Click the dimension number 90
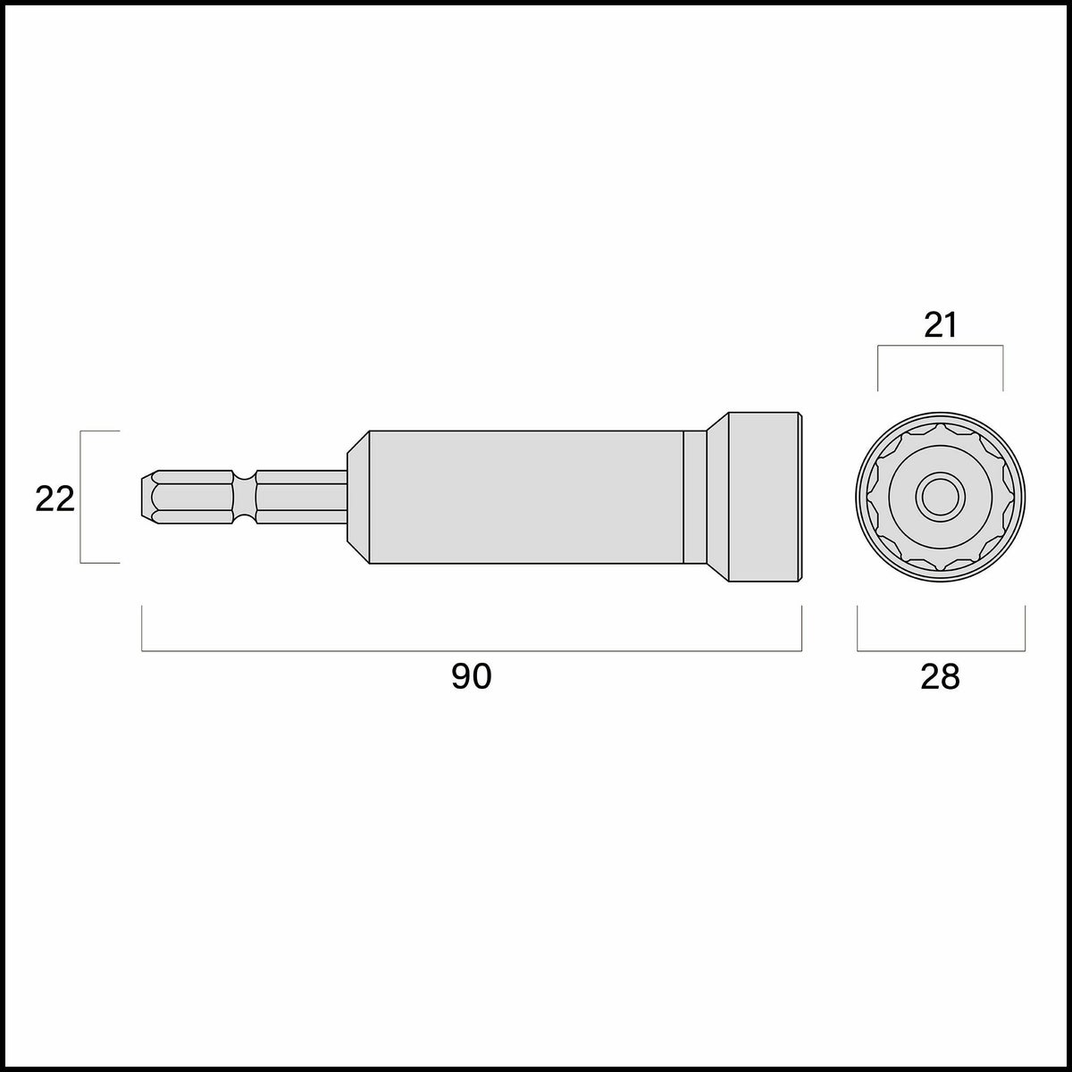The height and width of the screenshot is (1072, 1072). (471, 677)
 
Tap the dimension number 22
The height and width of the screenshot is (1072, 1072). (54, 499)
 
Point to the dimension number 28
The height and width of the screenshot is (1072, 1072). (940, 677)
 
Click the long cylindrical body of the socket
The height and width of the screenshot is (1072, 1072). (526, 497)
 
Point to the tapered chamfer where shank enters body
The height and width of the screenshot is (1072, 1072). (358, 497)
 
